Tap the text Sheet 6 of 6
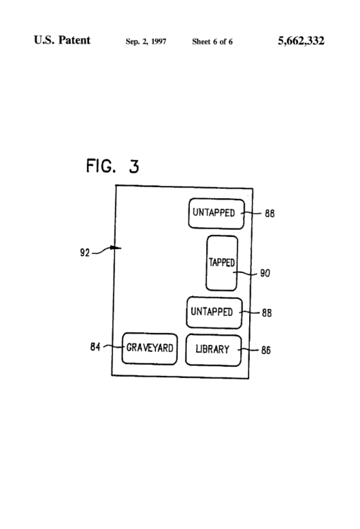(x=212, y=42)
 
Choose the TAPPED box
(x=222, y=263)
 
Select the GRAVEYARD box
(x=150, y=348)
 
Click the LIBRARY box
(x=213, y=350)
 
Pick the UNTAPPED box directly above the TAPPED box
(x=216, y=214)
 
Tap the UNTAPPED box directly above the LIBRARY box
(x=214, y=312)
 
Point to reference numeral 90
(x=265, y=274)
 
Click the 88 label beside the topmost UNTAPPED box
(x=269, y=214)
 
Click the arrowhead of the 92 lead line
(x=114, y=248)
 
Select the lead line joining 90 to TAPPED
(x=247, y=271)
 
